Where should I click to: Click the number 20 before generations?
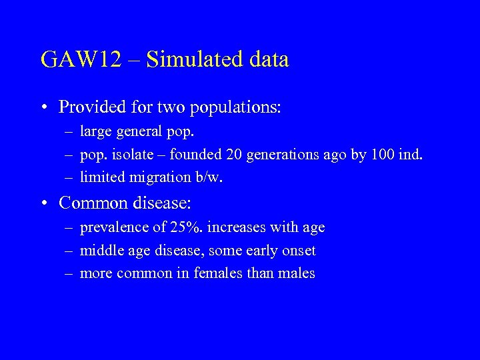point(234,155)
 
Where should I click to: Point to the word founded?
point(196,155)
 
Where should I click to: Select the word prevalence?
point(115,227)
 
